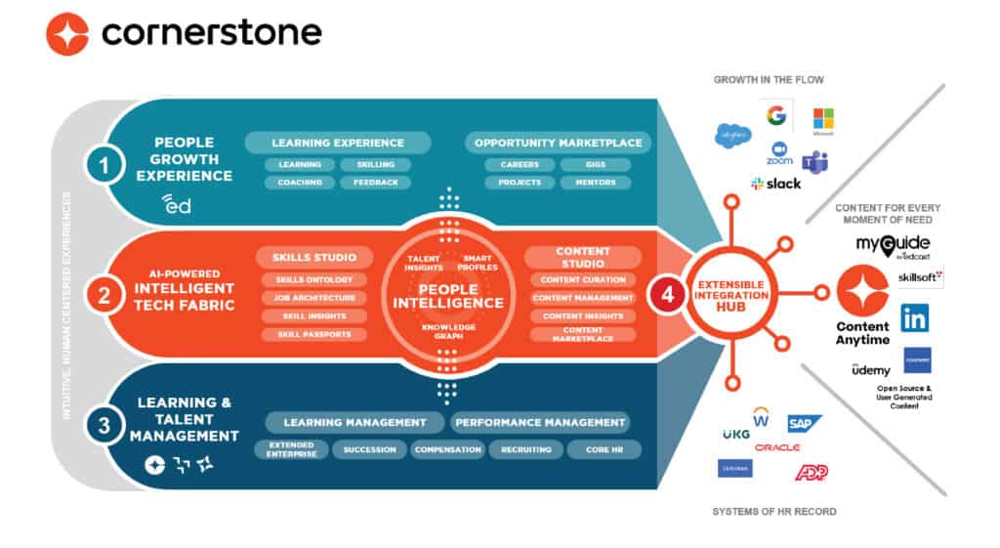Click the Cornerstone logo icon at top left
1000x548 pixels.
pos(67,33)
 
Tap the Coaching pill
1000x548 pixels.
pos(299,183)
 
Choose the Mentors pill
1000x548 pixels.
pos(595,183)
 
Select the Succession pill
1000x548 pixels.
pos(369,449)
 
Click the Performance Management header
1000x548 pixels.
pos(540,422)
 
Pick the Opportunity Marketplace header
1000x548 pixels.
pos(558,143)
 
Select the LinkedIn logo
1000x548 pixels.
pos(915,317)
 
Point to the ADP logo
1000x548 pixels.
pos(811,472)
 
